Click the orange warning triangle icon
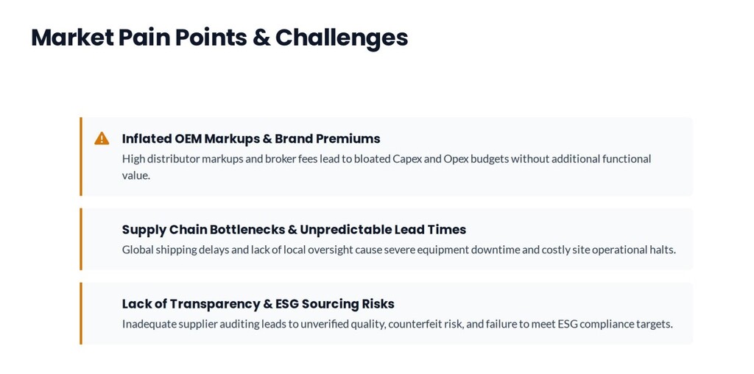[x=102, y=138]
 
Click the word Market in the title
[x=72, y=38]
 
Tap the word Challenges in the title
[x=342, y=38]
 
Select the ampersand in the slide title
[x=261, y=38]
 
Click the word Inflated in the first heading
[x=147, y=138]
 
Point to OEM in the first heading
[x=188, y=138]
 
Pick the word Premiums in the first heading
[x=348, y=138]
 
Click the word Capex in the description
[x=406, y=158]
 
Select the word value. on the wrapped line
[x=136, y=175]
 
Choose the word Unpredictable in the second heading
[x=346, y=230]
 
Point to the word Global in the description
[x=138, y=250]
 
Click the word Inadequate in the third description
[x=149, y=324]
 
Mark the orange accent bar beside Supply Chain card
[x=81, y=239]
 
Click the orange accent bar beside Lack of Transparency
[x=81, y=314]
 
